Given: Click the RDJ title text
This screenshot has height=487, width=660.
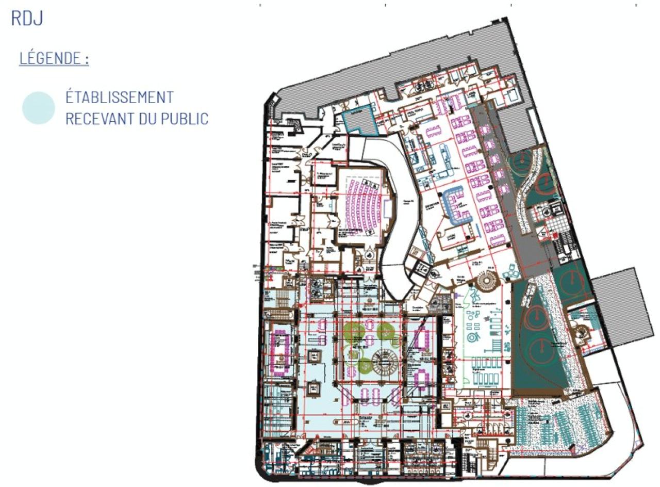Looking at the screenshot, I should [27, 18].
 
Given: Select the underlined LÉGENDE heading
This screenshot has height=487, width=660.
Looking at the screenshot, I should [54, 58].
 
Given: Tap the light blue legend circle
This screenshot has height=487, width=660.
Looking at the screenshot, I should [39, 108].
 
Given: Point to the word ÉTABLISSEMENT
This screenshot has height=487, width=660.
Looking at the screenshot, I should [119, 97].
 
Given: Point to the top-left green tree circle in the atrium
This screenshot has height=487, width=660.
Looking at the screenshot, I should [354, 331].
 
